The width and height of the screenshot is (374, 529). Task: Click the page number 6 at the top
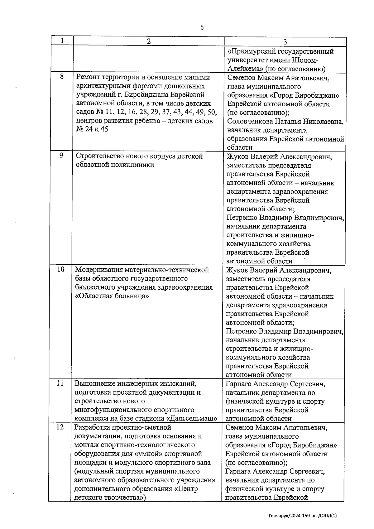click(x=202, y=28)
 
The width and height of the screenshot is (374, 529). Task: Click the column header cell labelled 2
click(x=149, y=41)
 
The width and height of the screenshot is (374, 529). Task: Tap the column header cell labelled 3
click(x=285, y=42)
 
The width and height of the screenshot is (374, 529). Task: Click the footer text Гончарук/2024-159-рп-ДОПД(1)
click(x=303, y=516)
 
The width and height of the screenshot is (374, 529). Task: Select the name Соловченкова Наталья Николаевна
click(x=285, y=121)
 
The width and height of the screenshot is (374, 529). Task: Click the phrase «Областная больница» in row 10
click(x=112, y=296)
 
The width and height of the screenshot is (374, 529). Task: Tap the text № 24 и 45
click(x=92, y=129)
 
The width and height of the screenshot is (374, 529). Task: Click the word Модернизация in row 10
click(x=98, y=270)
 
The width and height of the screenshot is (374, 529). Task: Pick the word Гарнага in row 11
click(x=238, y=384)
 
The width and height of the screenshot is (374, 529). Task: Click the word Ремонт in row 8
click(x=88, y=77)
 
